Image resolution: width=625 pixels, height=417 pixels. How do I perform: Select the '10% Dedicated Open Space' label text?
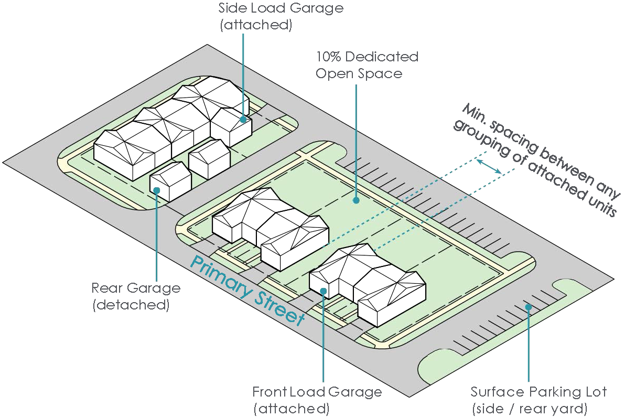click(x=366, y=65)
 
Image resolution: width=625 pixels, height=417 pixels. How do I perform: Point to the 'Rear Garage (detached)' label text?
click(x=135, y=296)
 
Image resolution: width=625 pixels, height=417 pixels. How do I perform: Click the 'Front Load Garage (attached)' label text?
click(x=317, y=400)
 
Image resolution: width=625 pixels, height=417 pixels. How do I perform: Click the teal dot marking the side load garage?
click(x=243, y=120)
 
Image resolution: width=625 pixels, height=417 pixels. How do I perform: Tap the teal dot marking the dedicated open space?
click(x=356, y=200)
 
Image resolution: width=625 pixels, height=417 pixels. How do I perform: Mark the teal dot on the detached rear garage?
click(x=156, y=190)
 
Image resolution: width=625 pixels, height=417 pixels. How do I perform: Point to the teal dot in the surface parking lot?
click(x=529, y=307)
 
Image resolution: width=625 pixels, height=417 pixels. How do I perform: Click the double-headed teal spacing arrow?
click(x=490, y=167)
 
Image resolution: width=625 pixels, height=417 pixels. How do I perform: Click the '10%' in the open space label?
click(x=328, y=56)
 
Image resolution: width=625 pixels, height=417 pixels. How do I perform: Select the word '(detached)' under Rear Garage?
click(x=131, y=305)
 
